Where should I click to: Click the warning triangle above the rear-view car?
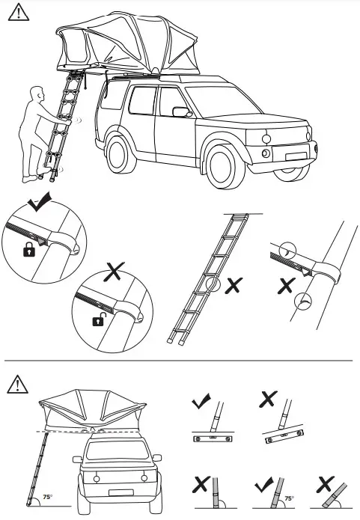click(16, 384)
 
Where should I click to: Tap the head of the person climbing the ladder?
click(38, 95)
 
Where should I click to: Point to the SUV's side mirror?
click(180, 112)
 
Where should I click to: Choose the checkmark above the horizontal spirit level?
click(200, 400)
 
